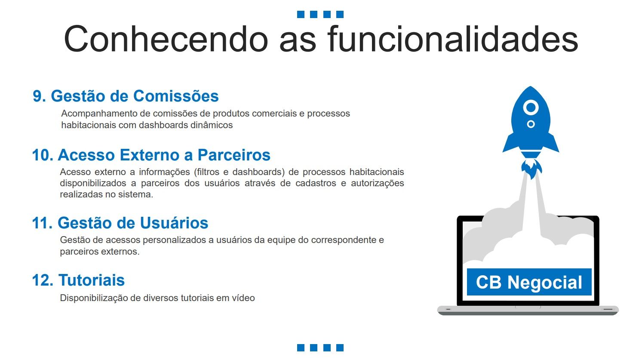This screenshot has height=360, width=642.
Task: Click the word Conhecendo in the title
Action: point(166,39)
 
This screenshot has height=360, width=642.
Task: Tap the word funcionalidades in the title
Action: point(452,39)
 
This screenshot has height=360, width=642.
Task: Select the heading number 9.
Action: point(39,96)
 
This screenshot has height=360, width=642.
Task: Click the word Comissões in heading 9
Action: point(176,96)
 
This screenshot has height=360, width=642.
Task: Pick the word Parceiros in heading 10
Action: point(234,155)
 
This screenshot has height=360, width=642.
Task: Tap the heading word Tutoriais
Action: point(92,280)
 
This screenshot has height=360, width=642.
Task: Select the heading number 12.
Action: point(43,280)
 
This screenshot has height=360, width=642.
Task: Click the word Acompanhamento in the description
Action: point(99,114)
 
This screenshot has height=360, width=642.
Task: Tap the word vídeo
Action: point(243,298)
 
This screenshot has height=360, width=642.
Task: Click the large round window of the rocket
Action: point(531,108)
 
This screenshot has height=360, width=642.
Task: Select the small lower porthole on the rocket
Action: point(531,124)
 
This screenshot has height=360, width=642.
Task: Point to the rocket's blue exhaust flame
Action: point(531,169)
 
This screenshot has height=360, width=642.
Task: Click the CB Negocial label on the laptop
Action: point(529,282)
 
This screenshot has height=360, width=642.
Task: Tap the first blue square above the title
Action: point(301,14)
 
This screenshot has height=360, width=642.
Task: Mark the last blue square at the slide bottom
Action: point(340,348)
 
